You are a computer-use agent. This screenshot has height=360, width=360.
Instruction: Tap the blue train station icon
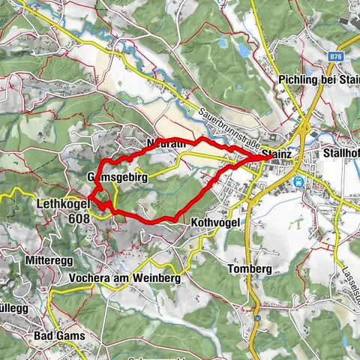tap(298, 181)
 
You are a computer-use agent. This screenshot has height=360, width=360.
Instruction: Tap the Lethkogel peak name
tap(61, 203)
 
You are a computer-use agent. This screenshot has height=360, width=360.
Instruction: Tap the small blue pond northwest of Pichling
tap(244, 51)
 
